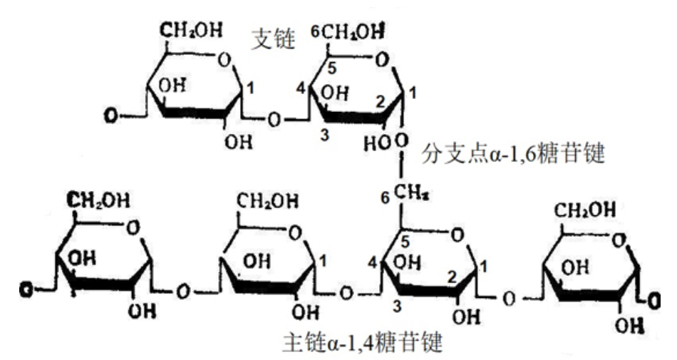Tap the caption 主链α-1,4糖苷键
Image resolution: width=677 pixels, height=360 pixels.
363,345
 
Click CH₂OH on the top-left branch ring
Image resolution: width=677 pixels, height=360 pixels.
191,30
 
